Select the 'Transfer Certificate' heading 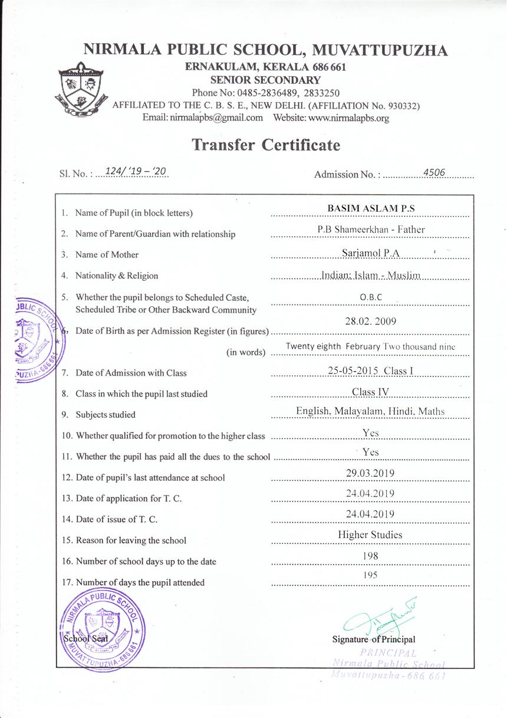click(266, 145)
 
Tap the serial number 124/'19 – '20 click(135, 171)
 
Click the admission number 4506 click(434, 172)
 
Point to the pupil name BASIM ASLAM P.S click(370, 209)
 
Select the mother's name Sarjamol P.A click(370, 252)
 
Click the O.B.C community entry click(370, 297)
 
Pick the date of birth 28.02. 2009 click(370, 322)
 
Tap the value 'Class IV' click(370, 392)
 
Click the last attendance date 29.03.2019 click(370, 473)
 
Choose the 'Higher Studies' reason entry click(370, 535)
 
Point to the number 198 click(370, 556)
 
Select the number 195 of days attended click(370, 575)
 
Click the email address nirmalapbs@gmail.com click(216, 117)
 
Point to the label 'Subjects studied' click(106, 415)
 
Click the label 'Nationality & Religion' click(117, 276)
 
